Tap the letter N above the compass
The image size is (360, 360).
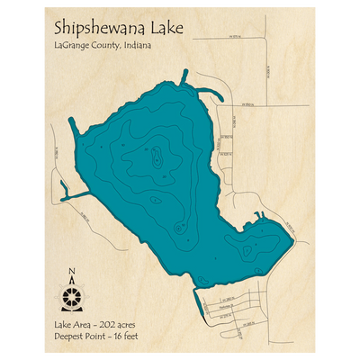click(73, 273)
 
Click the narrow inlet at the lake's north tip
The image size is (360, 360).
click(184, 77)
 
